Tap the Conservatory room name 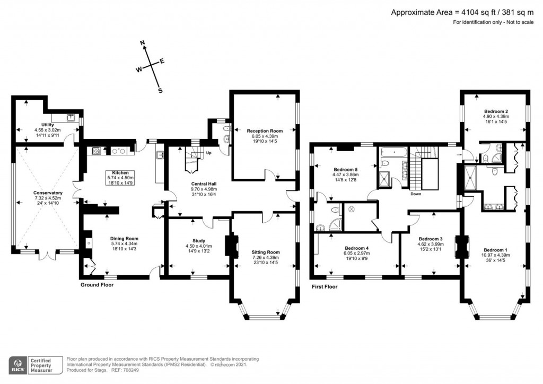point(48,193)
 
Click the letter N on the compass point(143,42)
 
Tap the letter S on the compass point(160,91)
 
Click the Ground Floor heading point(97,285)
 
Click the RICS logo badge point(19,365)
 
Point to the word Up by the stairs point(208,153)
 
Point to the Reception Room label point(265,130)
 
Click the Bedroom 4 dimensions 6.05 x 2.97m point(357,254)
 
